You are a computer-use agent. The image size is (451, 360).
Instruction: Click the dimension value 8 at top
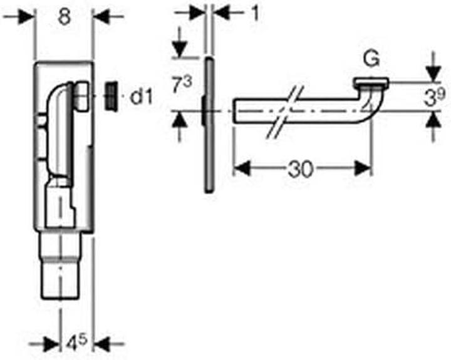point(63,17)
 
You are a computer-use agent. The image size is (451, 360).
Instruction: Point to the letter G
point(371,59)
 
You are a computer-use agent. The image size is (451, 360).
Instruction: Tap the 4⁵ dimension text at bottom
point(77,343)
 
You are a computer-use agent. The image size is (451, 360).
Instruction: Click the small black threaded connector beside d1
point(111,95)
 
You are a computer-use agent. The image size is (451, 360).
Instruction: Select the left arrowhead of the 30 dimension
point(241,168)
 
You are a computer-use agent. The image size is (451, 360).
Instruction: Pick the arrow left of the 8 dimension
point(25,17)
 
